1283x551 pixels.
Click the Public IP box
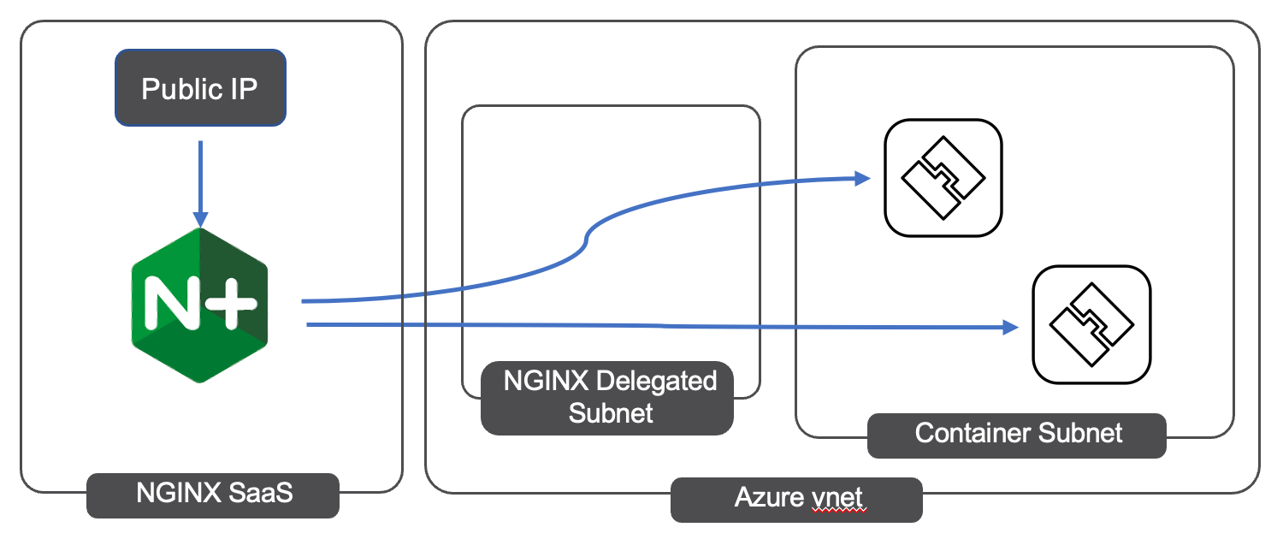pyautogui.click(x=200, y=89)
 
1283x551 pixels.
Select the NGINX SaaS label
pyautogui.click(x=213, y=494)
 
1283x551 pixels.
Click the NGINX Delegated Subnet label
pyautogui.click(x=607, y=397)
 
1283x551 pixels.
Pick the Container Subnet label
pyautogui.click(x=1017, y=433)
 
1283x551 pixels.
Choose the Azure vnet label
pyautogui.click(x=795, y=498)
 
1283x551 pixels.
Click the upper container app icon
pyautogui.click(x=943, y=177)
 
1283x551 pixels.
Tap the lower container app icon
pyautogui.click(x=1091, y=326)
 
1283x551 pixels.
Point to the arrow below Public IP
pyautogui.click(x=199, y=180)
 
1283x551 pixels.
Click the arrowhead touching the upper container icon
pyautogui.click(x=862, y=178)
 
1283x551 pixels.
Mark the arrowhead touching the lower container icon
pyautogui.click(x=1011, y=327)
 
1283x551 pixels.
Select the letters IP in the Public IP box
pyautogui.click(x=242, y=89)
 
